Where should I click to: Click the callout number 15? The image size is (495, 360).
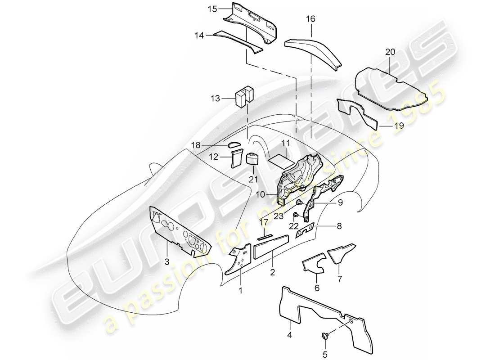point(212,9)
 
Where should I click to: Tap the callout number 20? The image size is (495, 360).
point(390,52)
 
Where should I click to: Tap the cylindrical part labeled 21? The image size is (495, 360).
point(251,158)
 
